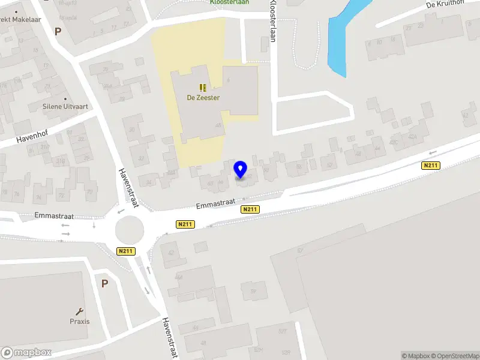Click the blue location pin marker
[241, 170]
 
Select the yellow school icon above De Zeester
[203, 88]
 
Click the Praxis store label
[79, 321]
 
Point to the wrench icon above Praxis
[79, 311]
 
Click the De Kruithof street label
[447, 5]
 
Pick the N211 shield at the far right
[431, 166]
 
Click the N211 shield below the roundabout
[125, 251]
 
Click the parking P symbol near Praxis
[104, 283]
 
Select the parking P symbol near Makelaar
[58, 31]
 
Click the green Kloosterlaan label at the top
[230, 2]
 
